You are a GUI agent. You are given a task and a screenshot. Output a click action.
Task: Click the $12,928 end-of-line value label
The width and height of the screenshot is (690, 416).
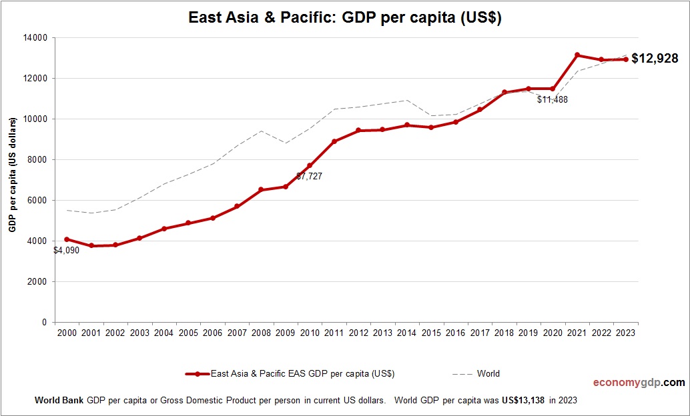[655, 59]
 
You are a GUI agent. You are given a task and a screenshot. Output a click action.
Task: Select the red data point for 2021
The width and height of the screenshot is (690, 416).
[577, 55]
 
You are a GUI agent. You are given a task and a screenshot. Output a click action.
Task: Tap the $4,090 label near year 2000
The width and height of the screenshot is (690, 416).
[67, 251]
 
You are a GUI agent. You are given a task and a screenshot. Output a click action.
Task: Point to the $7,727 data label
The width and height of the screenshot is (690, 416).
[310, 177]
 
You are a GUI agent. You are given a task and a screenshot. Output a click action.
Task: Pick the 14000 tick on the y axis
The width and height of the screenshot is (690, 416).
[35, 38]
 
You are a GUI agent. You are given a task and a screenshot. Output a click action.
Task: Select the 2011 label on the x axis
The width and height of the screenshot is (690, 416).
[334, 333]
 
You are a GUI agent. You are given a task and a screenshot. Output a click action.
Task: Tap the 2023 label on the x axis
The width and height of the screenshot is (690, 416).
[626, 333]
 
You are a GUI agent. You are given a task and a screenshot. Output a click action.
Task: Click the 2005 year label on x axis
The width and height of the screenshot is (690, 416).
[188, 333]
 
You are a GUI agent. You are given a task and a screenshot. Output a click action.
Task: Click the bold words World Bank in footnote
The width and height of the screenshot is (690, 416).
[59, 401]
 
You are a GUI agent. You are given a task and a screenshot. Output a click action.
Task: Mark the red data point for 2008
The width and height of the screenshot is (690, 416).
[261, 190]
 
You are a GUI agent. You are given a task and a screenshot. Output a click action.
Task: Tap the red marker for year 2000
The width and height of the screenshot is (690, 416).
[67, 239]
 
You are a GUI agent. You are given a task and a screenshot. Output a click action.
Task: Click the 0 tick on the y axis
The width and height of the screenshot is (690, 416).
[44, 323]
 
